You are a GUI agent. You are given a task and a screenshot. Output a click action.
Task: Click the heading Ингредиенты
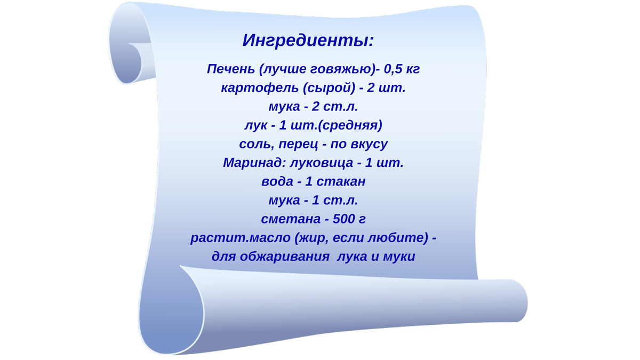tap(308, 41)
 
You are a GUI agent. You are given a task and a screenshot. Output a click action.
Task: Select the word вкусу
tap(369, 144)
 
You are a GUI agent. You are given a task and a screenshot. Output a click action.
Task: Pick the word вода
tap(277, 181)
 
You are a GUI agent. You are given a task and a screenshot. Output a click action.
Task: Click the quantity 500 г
tap(349, 219)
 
